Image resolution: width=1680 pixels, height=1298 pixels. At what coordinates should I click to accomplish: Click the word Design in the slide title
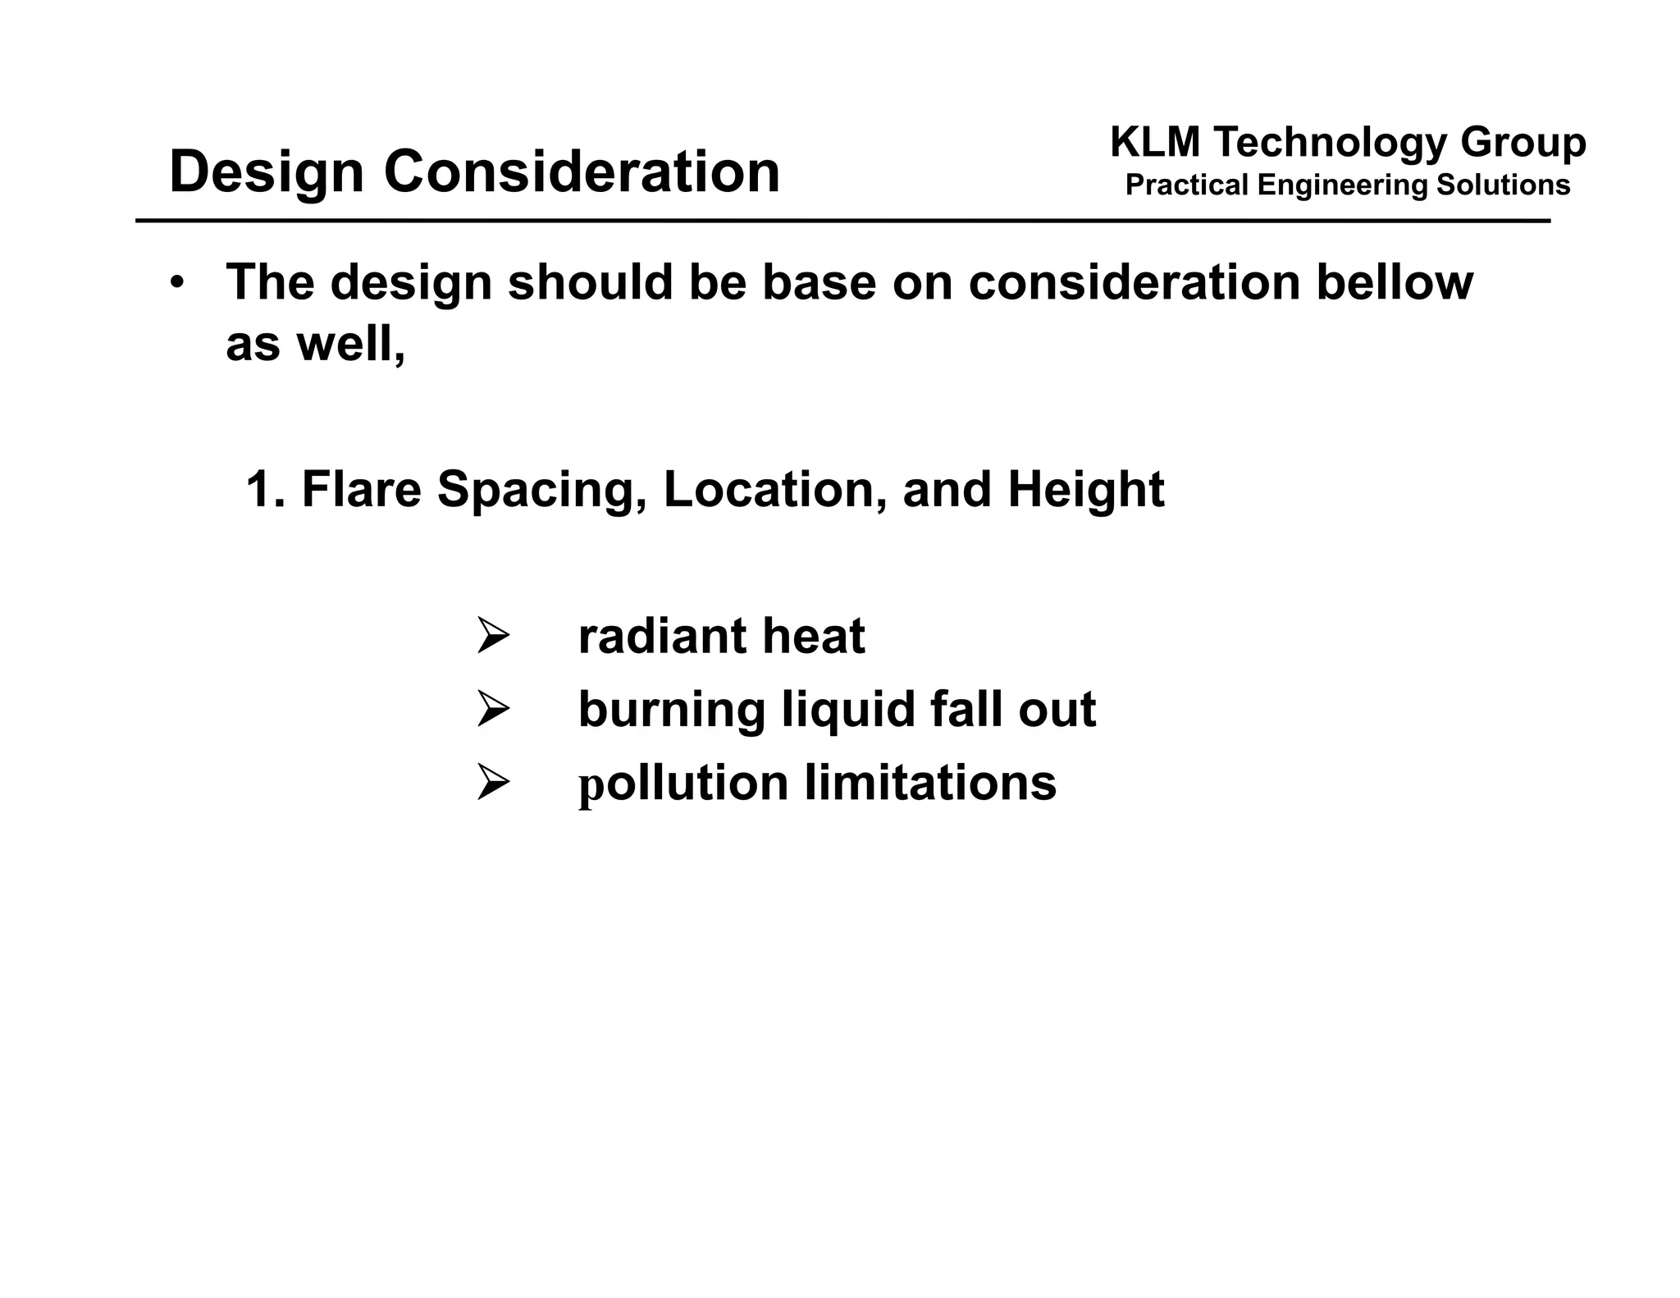coord(266,173)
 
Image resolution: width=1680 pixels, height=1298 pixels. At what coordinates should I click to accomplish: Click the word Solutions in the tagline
coord(1503,185)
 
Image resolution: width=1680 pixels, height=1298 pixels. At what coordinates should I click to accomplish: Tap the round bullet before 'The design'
coord(177,282)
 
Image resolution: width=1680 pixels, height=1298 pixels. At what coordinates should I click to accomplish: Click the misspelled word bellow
coord(1395,281)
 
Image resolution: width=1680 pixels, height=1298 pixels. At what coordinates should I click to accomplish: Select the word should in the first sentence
coord(591,281)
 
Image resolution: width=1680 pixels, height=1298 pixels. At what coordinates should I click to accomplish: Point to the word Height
coord(1085,490)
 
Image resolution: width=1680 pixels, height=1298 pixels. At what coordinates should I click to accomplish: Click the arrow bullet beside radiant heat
coord(493,637)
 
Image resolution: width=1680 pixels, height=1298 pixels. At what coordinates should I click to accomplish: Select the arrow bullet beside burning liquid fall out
coord(493,709)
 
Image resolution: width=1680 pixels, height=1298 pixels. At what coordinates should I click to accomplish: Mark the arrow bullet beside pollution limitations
coord(493,782)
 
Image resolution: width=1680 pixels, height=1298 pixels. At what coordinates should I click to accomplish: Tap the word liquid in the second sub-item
coord(847,709)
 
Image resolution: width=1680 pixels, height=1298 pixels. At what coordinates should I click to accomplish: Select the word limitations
coord(930,782)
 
